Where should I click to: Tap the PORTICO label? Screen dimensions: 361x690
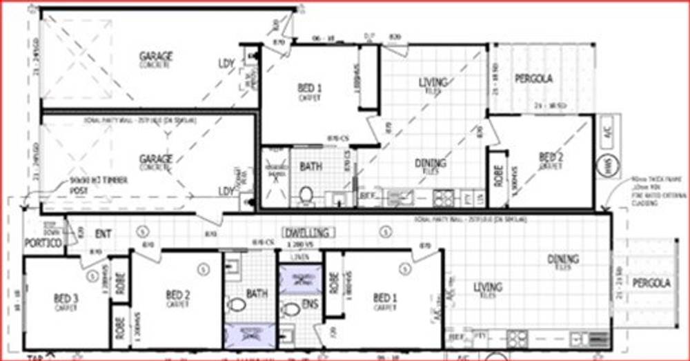[43, 243]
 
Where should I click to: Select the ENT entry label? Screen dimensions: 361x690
[103, 234]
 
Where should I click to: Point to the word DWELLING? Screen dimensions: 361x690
[306, 233]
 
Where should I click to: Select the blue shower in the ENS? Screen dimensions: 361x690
[300, 280]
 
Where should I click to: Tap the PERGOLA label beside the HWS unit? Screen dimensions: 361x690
[533, 79]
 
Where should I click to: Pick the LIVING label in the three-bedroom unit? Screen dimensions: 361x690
[487, 286]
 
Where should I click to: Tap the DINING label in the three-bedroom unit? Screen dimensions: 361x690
[563, 260]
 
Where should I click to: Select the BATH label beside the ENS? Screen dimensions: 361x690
[257, 294]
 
